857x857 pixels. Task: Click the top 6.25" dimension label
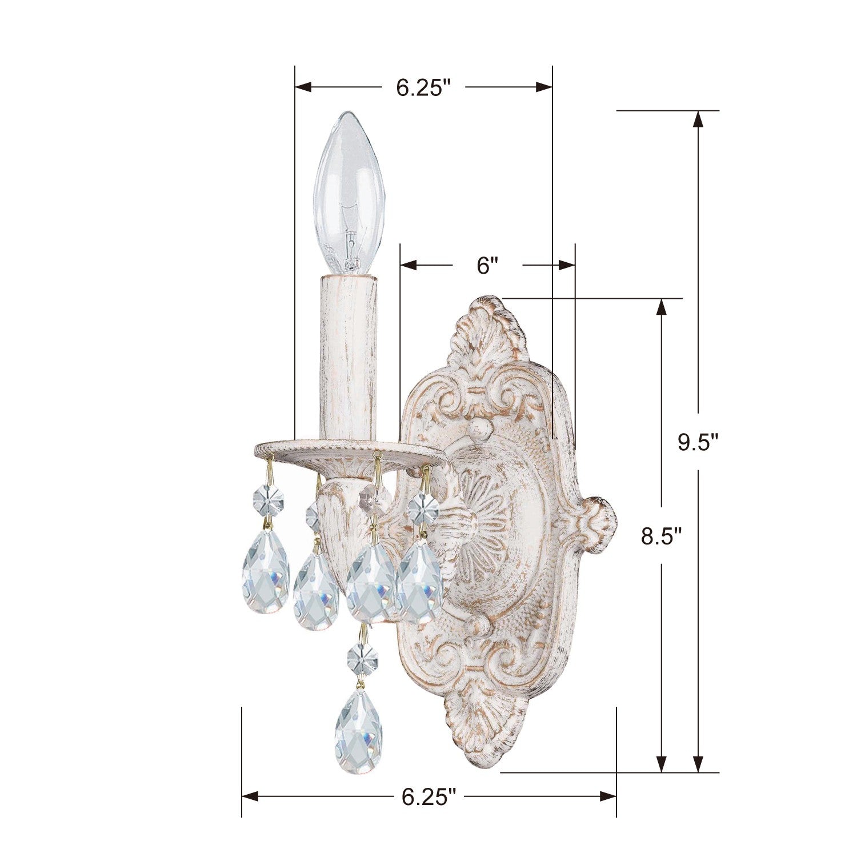click(x=423, y=87)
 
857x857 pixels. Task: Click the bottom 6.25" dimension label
click(x=428, y=796)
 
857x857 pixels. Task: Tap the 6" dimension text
click(x=487, y=265)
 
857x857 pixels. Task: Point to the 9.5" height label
click(x=698, y=442)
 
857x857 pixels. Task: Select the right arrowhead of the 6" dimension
click(x=567, y=265)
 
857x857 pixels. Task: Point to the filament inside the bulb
click(x=350, y=240)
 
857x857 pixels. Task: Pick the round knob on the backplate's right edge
click(x=601, y=517)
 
